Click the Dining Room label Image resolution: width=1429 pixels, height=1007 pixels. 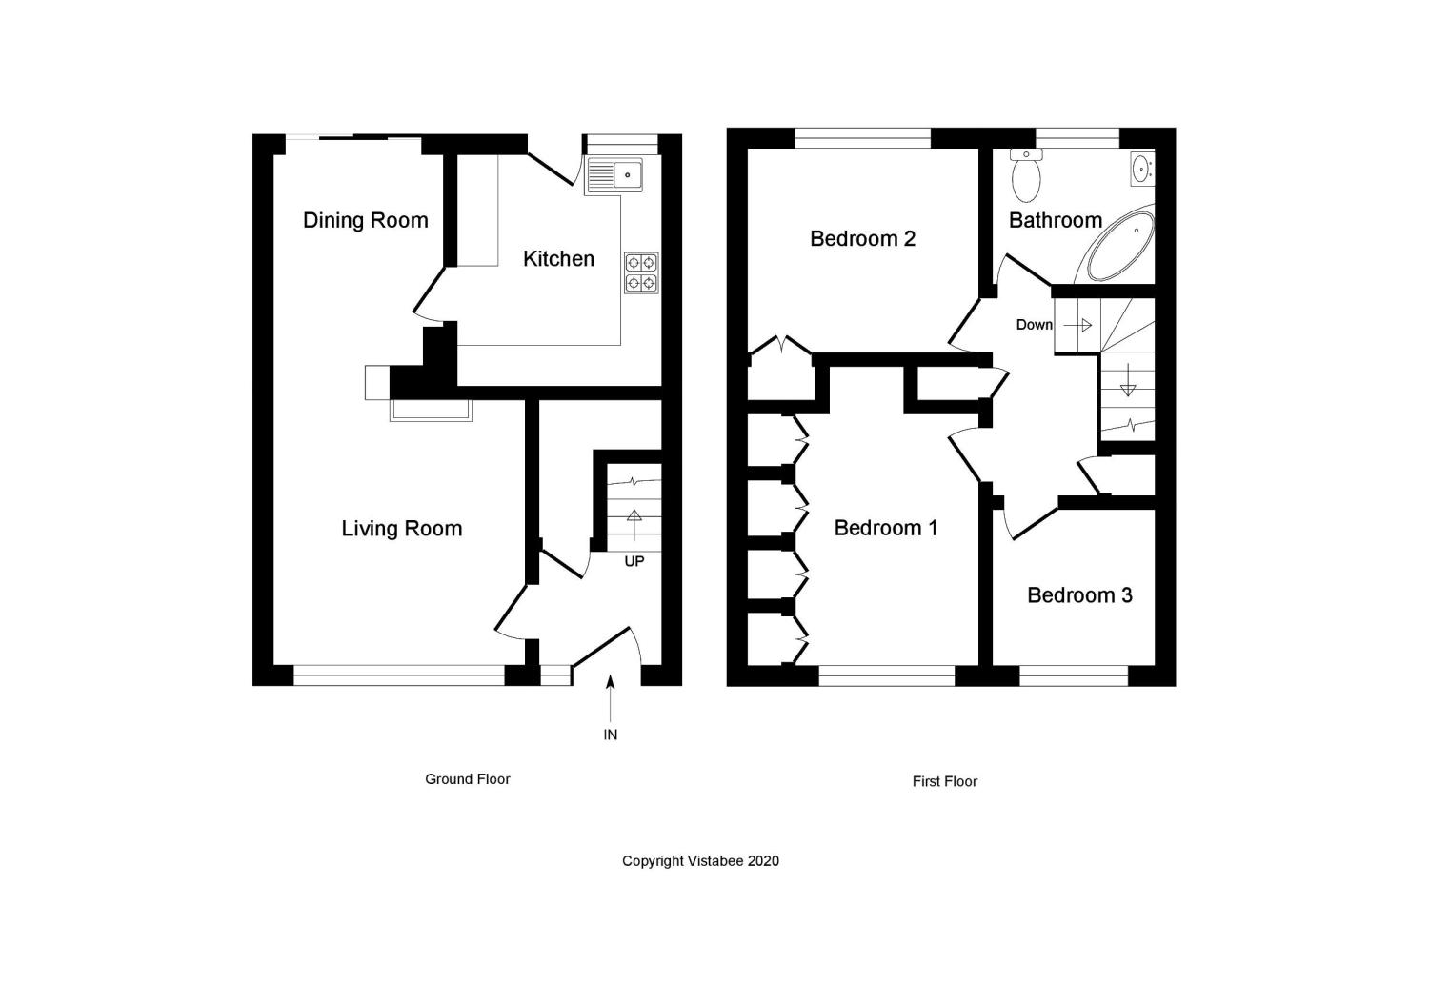click(365, 220)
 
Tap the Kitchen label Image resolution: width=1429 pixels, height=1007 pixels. click(558, 258)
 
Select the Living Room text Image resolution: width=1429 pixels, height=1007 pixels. click(401, 529)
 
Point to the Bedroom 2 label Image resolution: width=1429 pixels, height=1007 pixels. click(862, 238)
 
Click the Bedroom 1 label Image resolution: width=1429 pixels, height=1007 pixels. click(886, 528)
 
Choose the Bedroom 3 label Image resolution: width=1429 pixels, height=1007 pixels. click(1079, 595)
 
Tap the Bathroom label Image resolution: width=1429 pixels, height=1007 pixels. click(1055, 220)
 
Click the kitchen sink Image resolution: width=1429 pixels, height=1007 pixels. click(615, 175)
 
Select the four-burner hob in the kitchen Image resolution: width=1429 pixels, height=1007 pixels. click(641, 272)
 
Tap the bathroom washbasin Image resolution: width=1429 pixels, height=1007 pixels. click(1141, 169)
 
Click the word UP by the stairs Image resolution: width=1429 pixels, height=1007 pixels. click(634, 561)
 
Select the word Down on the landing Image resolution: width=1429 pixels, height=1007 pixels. click(1034, 325)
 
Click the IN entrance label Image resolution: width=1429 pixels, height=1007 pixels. click(611, 735)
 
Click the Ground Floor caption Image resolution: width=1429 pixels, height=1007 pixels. click(467, 779)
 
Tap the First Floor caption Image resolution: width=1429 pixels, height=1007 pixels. click(944, 781)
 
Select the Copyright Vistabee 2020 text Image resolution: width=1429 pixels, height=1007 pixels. click(700, 861)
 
